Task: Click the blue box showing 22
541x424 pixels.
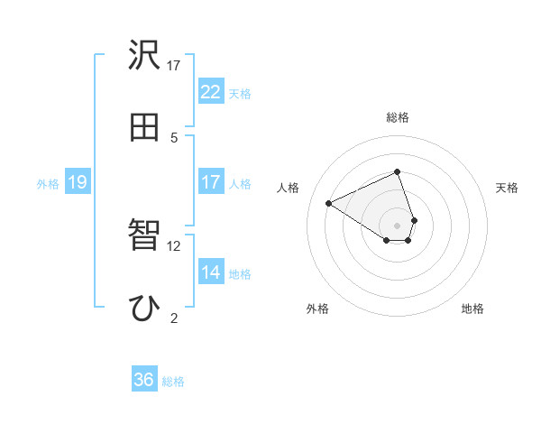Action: [x=210, y=92]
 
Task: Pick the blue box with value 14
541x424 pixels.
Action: [x=210, y=273]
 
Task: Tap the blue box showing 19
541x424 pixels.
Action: [x=77, y=183]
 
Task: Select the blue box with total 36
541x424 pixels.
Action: [x=143, y=380]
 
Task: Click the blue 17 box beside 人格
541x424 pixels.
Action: [x=210, y=182]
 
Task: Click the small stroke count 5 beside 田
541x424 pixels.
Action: [x=174, y=137]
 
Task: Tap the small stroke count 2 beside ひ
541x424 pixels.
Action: [x=174, y=318]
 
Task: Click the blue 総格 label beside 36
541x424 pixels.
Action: [x=173, y=382]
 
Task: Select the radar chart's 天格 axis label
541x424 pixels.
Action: [x=508, y=188]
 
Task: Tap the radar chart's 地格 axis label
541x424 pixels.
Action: [x=472, y=309]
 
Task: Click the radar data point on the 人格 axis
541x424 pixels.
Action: [x=329, y=203]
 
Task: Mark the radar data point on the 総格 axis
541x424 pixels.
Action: [x=398, y=172]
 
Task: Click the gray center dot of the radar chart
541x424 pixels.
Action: [x=398, y=225]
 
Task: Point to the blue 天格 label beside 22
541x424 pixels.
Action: [x=240, y=93]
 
